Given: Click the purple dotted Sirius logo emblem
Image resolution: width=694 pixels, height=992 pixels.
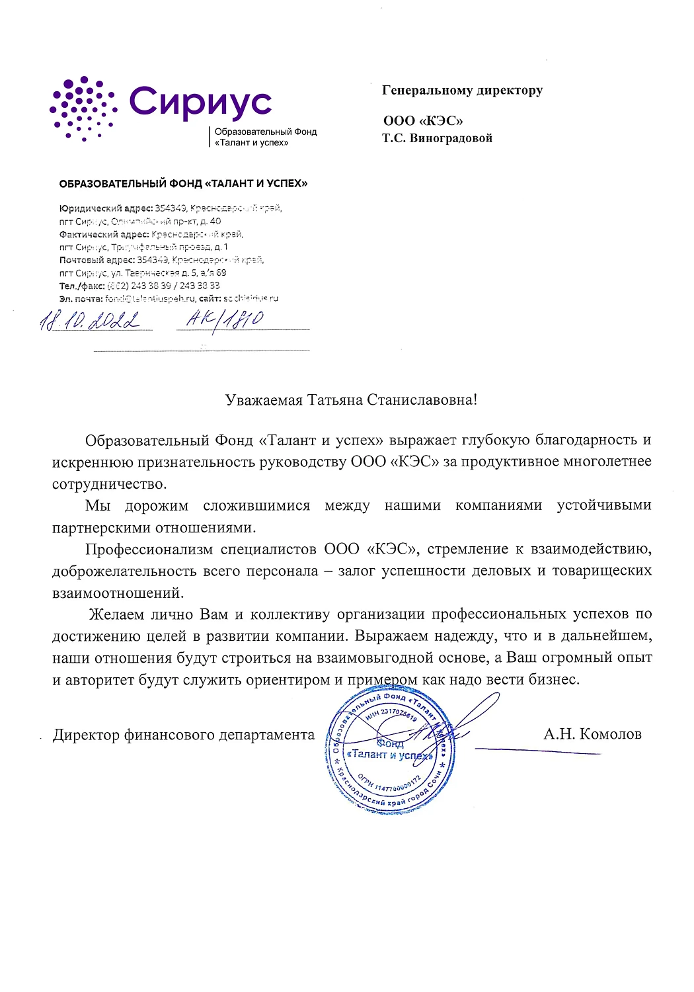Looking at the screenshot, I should (x=83, y=108).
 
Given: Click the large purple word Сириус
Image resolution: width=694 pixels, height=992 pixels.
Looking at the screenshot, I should (x=200, y=103).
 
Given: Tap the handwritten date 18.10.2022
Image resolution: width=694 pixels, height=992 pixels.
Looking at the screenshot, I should (x=91, y=321).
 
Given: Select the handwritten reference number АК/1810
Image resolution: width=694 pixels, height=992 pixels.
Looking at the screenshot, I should (x=225, y=320).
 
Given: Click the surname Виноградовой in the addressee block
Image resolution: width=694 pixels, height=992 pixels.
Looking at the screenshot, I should (x=451, y=138).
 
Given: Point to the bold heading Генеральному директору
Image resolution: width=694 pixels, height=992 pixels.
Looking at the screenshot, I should (x=462, y=91).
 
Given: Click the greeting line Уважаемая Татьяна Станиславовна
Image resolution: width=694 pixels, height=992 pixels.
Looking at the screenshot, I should (x=350, y=400).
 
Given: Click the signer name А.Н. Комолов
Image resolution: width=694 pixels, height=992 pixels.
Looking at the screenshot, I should (x=592, y=734).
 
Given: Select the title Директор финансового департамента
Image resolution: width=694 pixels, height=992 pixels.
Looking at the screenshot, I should (x=184, y=735).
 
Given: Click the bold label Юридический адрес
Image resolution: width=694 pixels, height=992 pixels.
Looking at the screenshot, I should (x=106, y=208).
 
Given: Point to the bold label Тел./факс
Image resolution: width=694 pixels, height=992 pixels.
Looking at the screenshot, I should (x=82, y=286).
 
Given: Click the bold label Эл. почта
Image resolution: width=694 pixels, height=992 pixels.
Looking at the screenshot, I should (x=81, y=299).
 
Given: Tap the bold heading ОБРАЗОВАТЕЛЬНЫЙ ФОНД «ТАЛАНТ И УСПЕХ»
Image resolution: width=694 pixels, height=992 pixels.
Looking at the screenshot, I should (x=183, y=184).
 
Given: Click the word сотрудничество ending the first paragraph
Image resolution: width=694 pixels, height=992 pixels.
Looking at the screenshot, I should (x=109, y=484).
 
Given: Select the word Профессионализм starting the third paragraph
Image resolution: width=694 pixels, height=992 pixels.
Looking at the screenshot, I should (x=149, y=550).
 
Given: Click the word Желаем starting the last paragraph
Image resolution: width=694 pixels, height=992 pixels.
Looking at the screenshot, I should (x=116, y=614).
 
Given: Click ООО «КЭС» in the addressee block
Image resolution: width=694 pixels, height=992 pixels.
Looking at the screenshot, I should (x=423, y=121).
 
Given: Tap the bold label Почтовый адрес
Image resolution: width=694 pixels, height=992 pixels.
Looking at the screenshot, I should (x=97, y=260).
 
